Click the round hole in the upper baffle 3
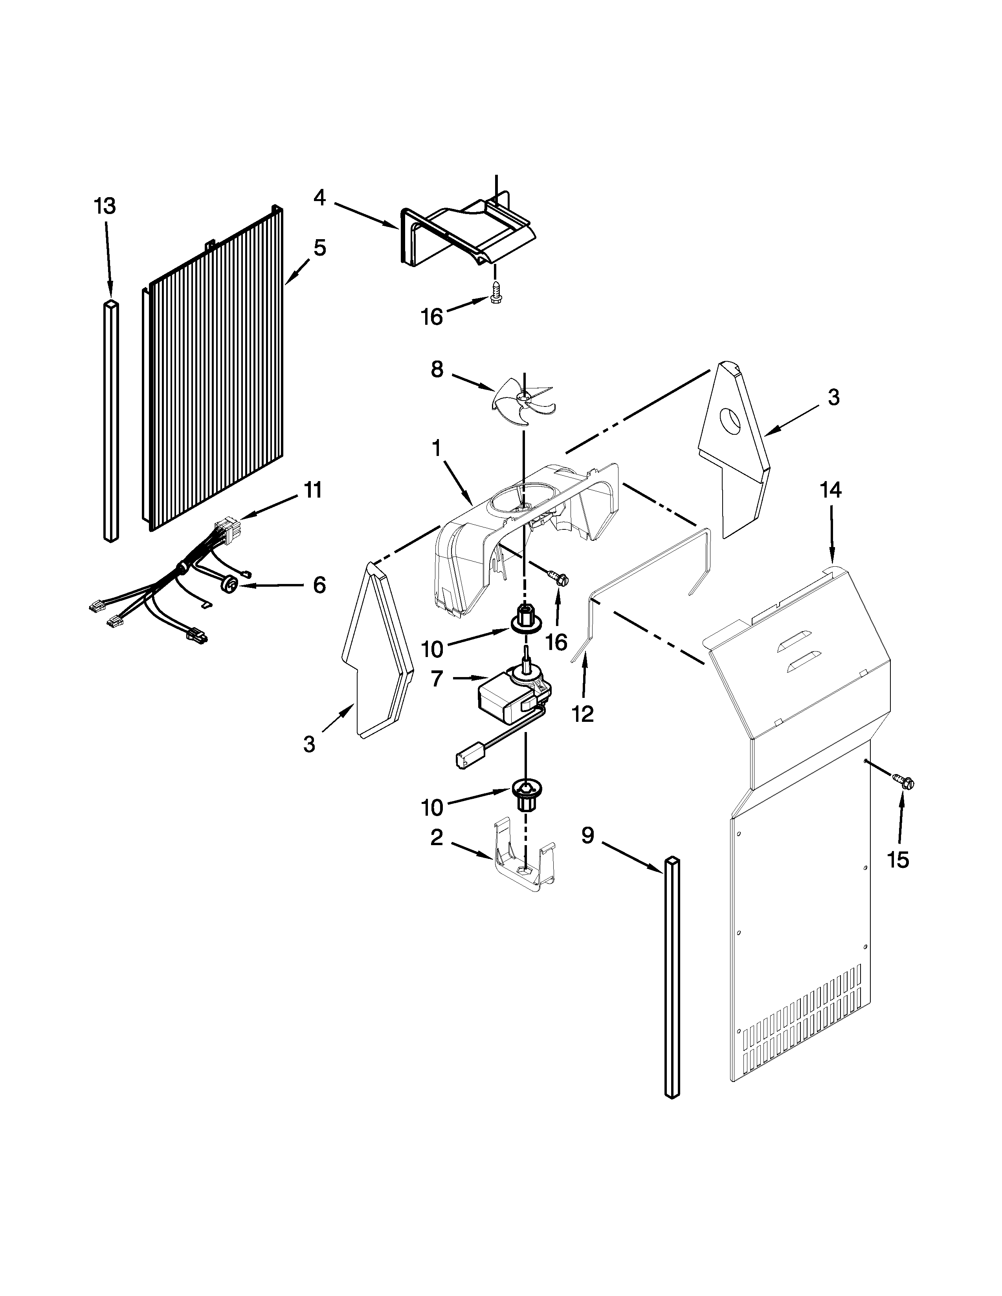pos(731,420)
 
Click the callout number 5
pos(319,248)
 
